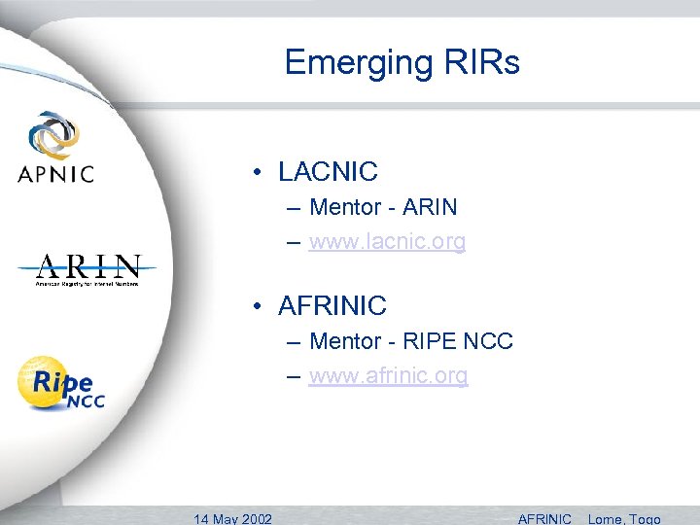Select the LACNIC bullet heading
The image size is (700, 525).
[328, 172]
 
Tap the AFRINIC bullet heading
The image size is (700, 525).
[332, 306]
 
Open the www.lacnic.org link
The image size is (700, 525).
[387, 241]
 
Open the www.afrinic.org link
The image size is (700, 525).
[388, 375]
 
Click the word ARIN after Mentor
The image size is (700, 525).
[430, 207]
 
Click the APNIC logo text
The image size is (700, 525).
[55, 174]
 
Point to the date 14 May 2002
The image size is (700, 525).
[233, 518]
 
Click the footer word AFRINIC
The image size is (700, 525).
[545, 518]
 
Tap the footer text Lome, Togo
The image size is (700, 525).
[624, 518]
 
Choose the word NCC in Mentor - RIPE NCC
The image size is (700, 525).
[489, 341]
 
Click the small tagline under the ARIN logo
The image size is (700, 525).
[87, 284]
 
